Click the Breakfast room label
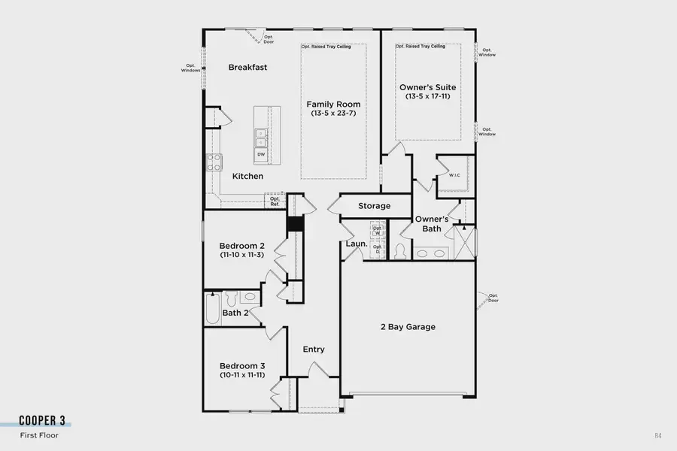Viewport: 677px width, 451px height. [x=248, y=68]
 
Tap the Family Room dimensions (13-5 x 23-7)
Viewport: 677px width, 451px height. [x=333, y=114]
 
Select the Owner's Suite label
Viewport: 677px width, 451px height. [x=428, y=88]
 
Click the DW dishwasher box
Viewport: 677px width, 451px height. [x=261, y=154]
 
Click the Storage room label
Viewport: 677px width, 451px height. [x=374, y=206]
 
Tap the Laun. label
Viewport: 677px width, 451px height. [x=356, y=244]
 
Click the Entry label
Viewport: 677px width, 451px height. [x=314, y=350]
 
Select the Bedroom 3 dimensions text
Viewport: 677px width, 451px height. [x=242, y=374]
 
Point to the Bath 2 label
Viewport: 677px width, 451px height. [x=235, y=313]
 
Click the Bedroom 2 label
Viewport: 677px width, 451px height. [x=242, y=246]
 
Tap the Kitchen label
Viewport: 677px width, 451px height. [x=247, y=177]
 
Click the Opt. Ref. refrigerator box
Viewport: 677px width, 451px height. [x=275, y=201]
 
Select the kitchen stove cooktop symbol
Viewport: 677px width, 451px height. [x=214, y=161]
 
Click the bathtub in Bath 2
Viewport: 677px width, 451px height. [x=213, y=308]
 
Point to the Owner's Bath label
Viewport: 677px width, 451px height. [x=432, y=224]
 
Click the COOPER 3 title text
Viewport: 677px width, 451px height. [x=45, y=421]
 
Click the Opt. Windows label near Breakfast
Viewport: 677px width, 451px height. [x=190, y=68]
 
